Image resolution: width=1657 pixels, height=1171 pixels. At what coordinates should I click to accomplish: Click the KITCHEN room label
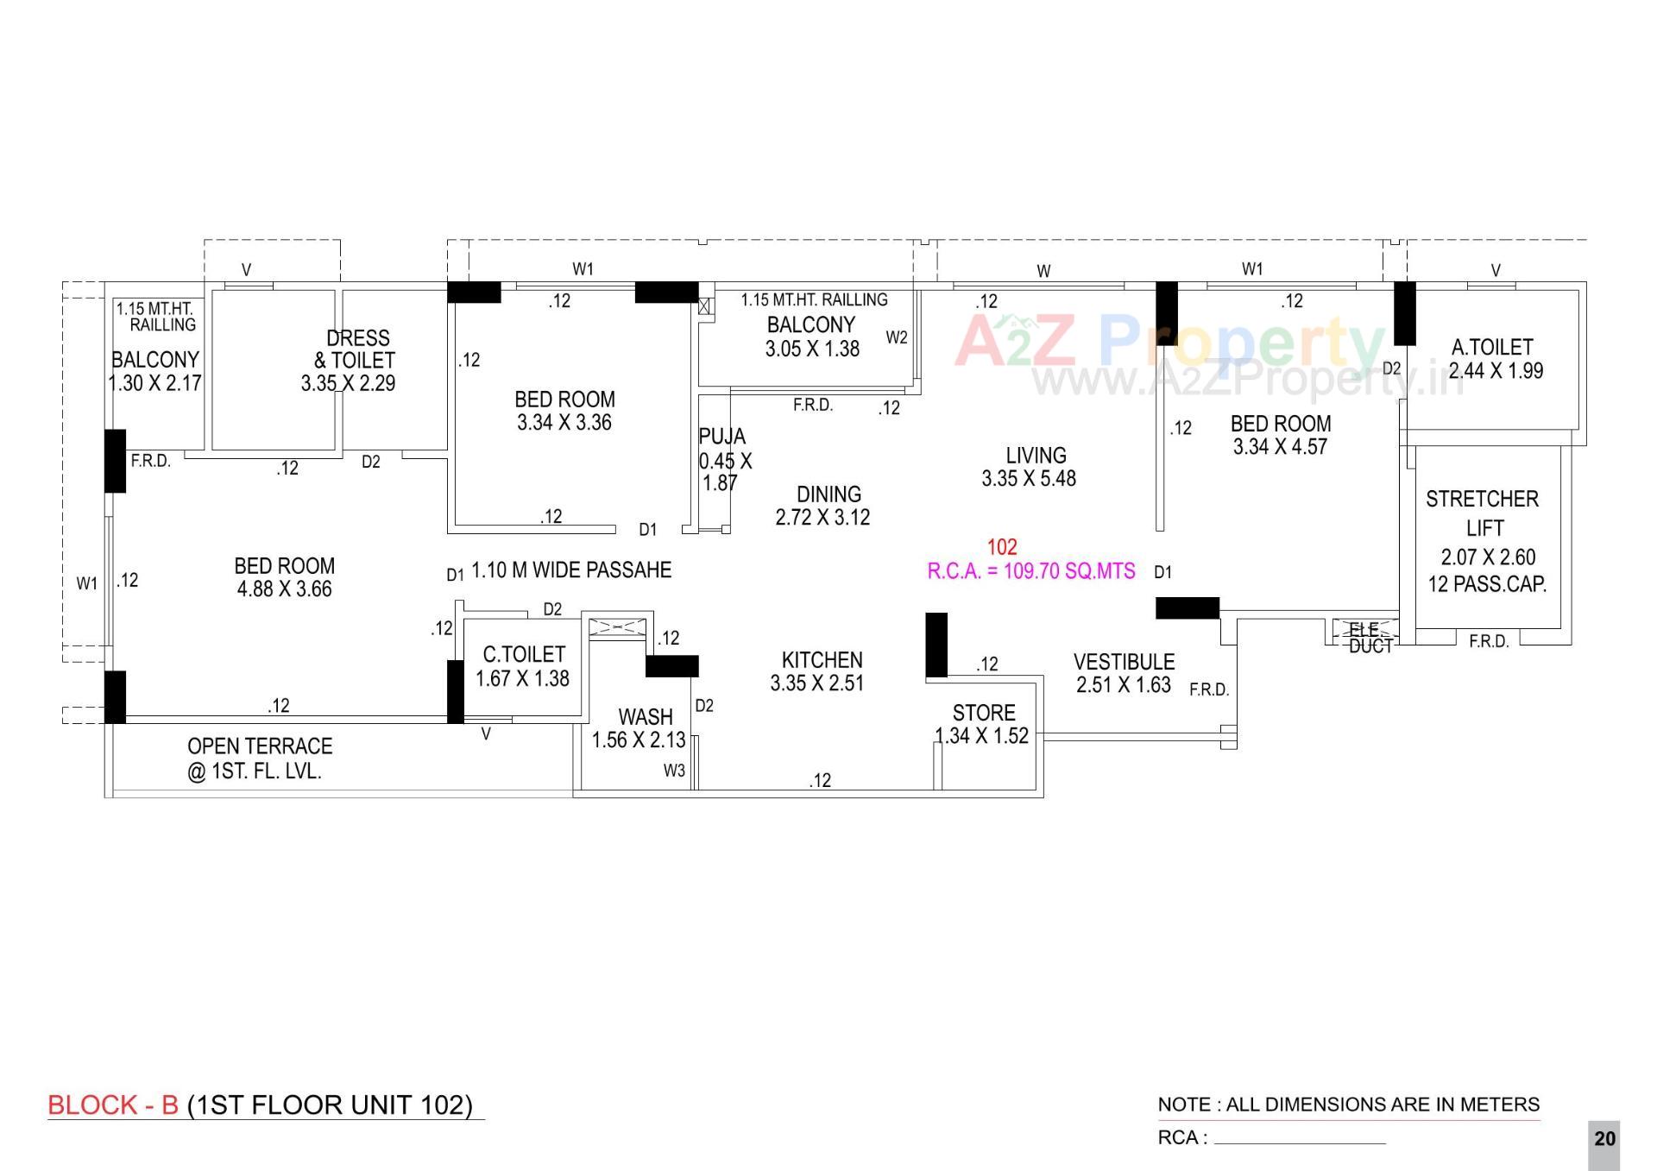[822, 660]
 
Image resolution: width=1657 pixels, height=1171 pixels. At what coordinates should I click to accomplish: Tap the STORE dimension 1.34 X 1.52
[982, 736]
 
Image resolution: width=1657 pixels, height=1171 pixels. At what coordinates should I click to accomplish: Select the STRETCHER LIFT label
[1482, 513]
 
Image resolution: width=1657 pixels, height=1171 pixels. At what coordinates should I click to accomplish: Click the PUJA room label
[721, 437]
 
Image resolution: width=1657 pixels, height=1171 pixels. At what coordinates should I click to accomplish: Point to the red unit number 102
[1002, 547]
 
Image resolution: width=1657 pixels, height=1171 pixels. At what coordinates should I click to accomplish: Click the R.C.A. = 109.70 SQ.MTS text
[1030, 571]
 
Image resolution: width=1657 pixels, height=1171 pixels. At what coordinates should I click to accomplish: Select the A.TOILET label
[1492, 347]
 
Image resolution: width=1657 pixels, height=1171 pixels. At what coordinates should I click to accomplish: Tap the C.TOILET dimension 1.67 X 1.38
[522, 679]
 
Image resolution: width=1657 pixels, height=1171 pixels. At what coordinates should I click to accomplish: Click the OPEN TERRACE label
[259, 746]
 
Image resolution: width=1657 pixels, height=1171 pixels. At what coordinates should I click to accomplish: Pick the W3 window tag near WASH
[674, 771]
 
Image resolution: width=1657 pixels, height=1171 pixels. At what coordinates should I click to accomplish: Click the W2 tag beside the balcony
[897, 337]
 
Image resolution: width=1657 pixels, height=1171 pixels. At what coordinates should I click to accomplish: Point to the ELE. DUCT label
[1370, 638]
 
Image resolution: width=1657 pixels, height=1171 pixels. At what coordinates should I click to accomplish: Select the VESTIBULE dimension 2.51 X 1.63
[1123, 685]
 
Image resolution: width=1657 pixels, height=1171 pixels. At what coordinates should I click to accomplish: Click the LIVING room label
[1036, 455]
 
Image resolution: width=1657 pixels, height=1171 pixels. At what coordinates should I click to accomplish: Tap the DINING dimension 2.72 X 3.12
[822, 518]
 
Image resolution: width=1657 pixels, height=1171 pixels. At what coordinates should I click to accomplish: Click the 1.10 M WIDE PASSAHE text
[570, 570]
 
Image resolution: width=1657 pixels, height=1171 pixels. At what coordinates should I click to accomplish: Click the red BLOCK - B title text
[113, 1105]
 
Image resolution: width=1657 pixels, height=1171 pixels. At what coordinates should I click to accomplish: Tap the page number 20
[1604, 1139]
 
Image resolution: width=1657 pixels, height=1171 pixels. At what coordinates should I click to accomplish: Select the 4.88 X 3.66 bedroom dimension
[284, 589]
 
